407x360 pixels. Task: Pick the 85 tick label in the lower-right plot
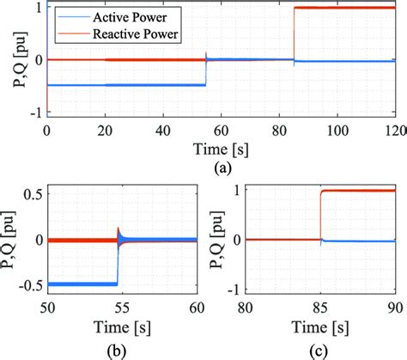pyautogui.click(x=319, y=309)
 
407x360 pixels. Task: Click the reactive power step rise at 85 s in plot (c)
pyautogui.click(x=320, y=215)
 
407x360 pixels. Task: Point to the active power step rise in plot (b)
pyautogui.click(x=118, y=258)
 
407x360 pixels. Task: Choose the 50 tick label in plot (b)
pyautogui.click(x=48, y=309)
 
